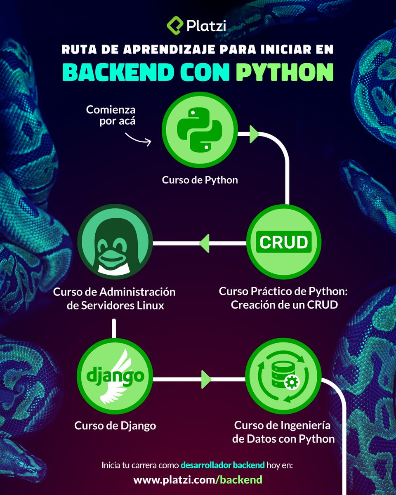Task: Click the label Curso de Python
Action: (x=200, y=180)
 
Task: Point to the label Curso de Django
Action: (x=115, y=426)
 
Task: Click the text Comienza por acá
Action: (x=111, y=116)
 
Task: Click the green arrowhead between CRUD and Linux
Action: (x=205, y=243)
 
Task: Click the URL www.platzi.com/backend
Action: (x=198, y=480)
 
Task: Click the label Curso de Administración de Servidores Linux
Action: (x=114, y=299)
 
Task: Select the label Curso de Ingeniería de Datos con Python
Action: (x=283, y=432)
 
